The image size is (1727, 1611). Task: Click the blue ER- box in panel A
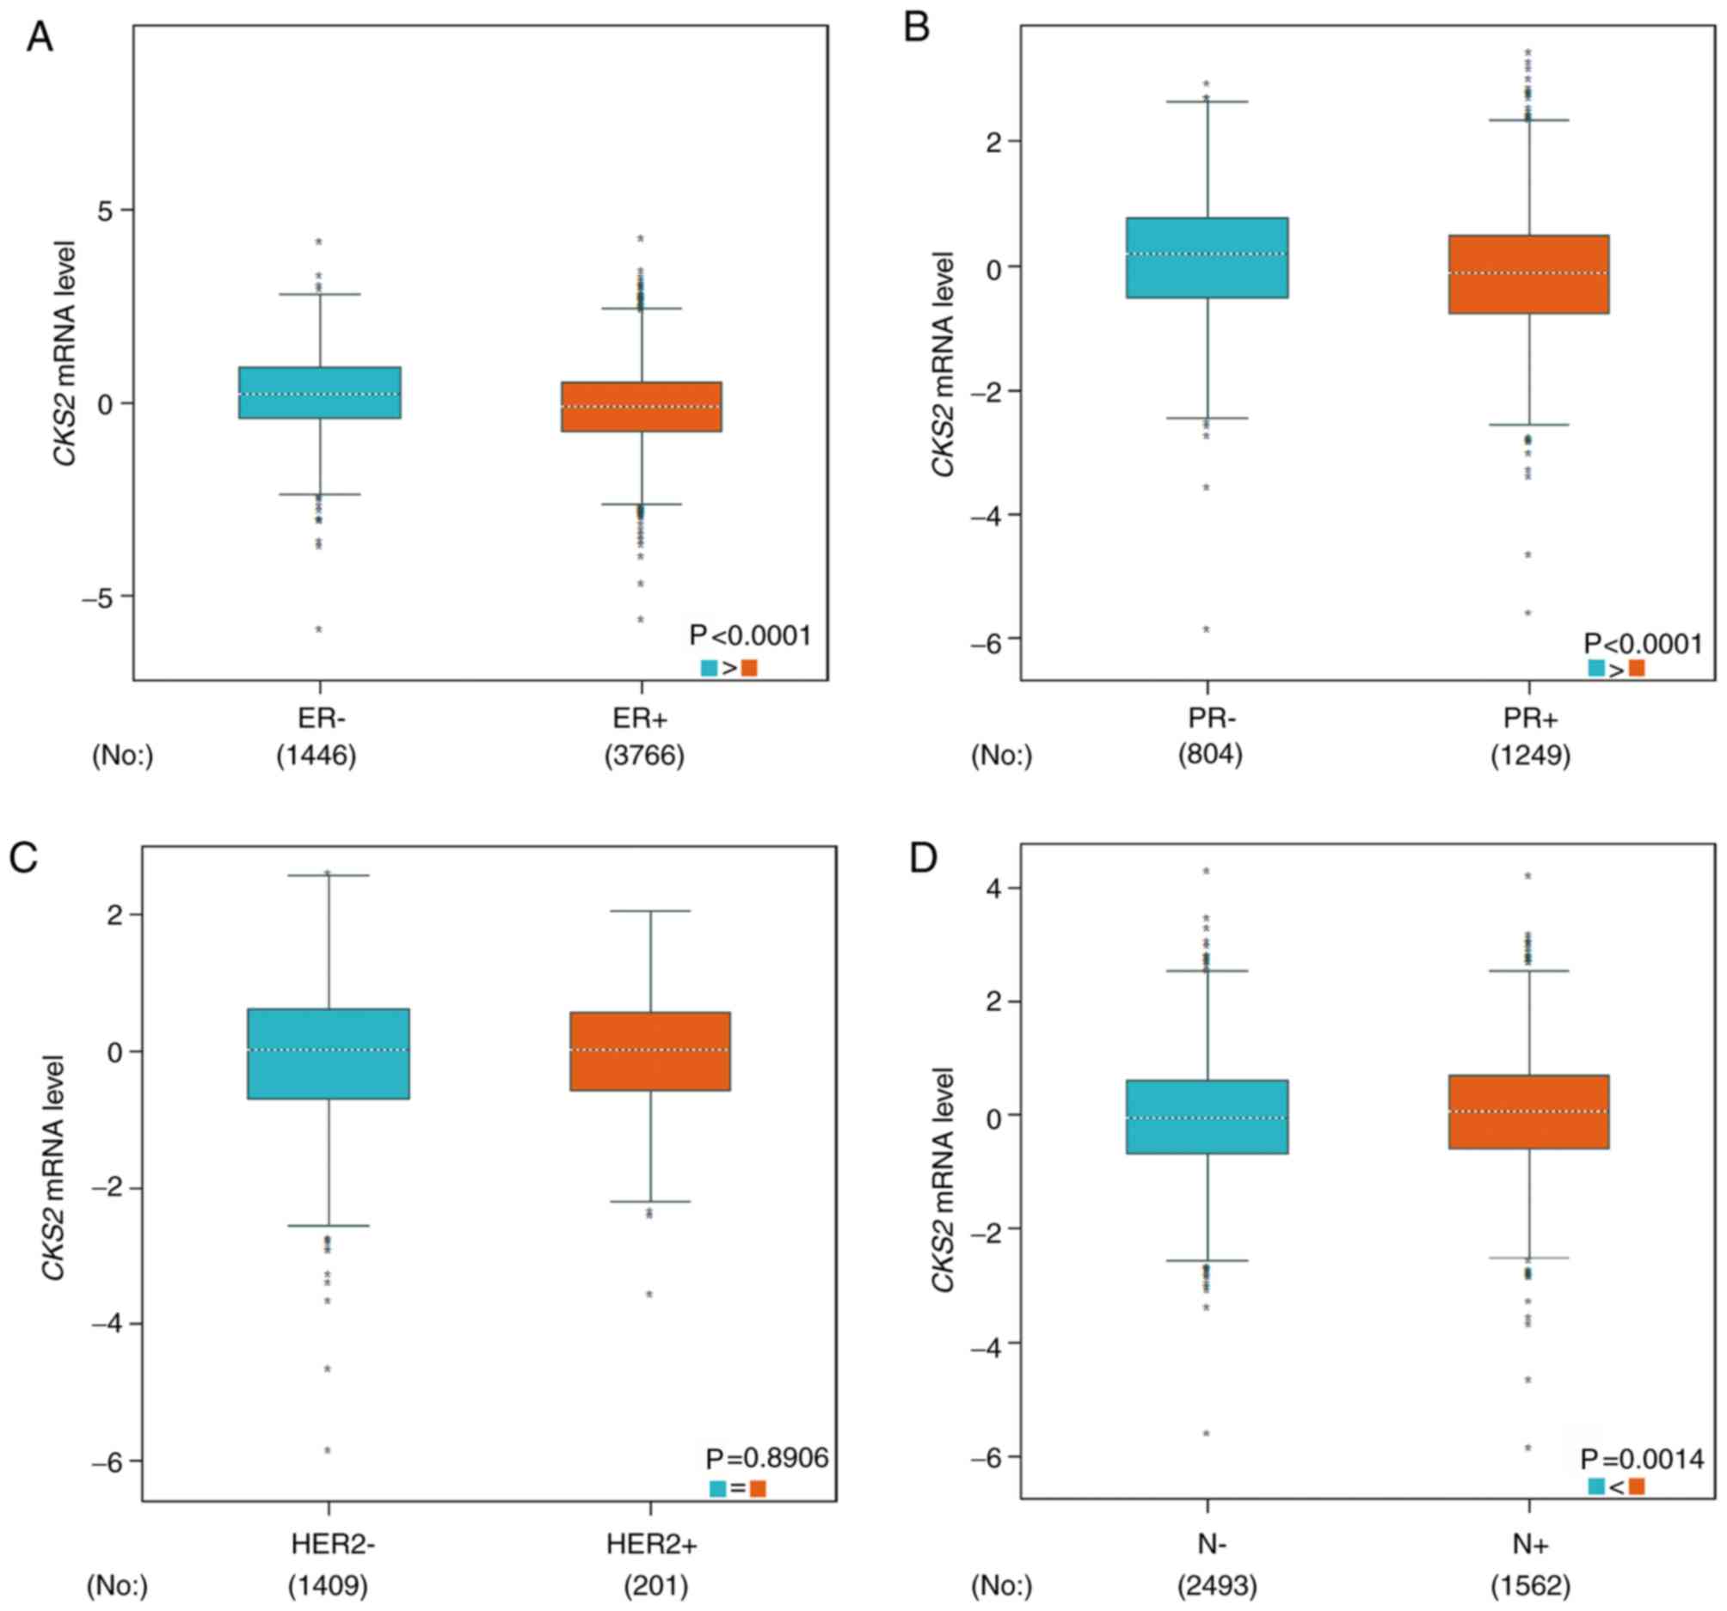coord(320,393)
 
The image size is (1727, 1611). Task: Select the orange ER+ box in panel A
coord(641,407)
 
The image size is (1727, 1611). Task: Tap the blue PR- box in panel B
coord(1208,258)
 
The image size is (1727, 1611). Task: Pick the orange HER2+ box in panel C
coord(650,1051)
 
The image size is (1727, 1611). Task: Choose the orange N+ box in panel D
coord(1529,1112)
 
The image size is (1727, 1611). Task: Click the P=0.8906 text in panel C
coord(767,1457)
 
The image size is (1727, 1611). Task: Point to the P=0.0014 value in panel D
coord(1642,1459)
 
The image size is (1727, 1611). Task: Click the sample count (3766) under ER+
coord(644,756)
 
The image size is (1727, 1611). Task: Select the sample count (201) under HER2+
coord(656,1587)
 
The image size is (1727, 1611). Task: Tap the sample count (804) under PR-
coord(1210,755)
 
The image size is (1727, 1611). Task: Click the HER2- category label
coord(333,1544)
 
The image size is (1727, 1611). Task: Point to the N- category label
coord(1210,1544)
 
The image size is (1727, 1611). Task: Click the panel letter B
coord(917,28)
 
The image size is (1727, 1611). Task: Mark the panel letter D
coord(922,859)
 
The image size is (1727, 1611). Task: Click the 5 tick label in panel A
coord(105,210)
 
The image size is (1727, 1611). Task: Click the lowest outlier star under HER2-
coord(328,1450)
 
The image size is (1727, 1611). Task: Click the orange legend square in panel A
coord(749,668)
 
